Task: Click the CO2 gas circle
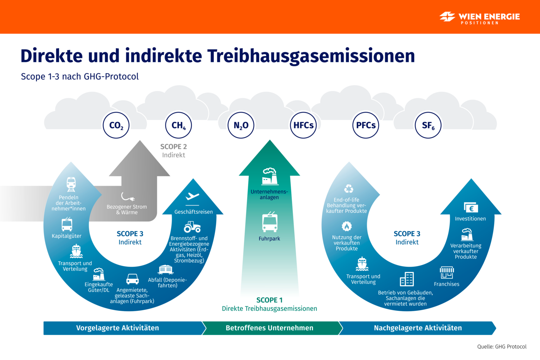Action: pyautogui.click(x=116, y=125)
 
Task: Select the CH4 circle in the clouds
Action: pyautogui.click(x=179, y=125)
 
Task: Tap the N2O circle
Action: pyautogui.click(x=241, y=125)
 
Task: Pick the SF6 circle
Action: pyautogui.click(x=428, y=125)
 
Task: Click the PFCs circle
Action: pyautogui.click(x=366, y=125)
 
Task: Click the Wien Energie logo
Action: pyautogui.click(x=480, y=17)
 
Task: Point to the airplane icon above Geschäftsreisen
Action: pyautogui.click(x=192, y=197)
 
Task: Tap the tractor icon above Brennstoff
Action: pyautogui.click(x=192, y=227)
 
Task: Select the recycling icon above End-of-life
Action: pyautogui.click(x=348, y=189)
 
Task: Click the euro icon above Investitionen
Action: pyautogui.click(x=471, y=208)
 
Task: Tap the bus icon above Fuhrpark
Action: pyautogui.click(x=270, y=222)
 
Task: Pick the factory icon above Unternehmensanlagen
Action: pyautogui.click(x=270, y=176)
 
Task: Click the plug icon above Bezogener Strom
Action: pyautogui.click(x=127, y=197)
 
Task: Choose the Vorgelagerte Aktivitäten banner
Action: pyautogui.click(x=118, y=328)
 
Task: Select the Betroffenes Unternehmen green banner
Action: pyautogui.click(x=269, y=328)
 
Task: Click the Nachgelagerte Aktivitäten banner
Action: pyautogui.click(x=418, y=328)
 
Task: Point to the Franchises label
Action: pyautogui.click(x=446, y=284)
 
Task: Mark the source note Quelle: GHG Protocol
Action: pyautogui.click(x=502, y=347)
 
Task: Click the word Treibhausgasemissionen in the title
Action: pyautogui.click(x=311, y=56)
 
